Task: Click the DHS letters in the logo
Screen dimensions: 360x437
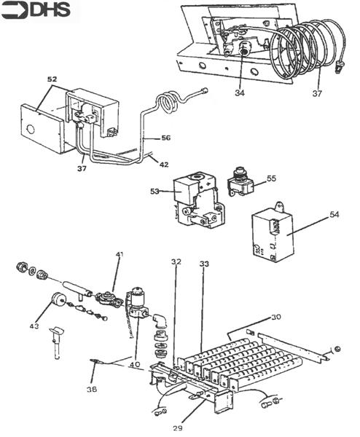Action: (x=50, y=9)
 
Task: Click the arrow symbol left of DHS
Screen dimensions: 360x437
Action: (x=15, y=10)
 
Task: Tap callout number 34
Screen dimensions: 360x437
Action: (x=239, y=92)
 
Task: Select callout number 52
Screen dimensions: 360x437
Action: (x=52, y=79)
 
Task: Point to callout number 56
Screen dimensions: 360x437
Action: (x=165, y=138)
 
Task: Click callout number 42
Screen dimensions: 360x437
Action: (x=164, y=165)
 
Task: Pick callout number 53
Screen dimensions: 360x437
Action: (x=154, y=192)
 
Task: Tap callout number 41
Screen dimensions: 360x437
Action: (x=120, y=254)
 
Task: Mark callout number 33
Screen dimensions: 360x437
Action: (x=204, y=264)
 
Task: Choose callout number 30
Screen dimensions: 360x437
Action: (x=275, y=317)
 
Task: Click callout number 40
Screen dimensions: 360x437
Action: (x=135, y=364)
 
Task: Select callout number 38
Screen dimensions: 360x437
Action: (x=92, y=389)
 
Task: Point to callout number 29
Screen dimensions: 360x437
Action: (x=177, y=428)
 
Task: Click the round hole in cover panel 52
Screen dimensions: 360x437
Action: (x=30, y=130)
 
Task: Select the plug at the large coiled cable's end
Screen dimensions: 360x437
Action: (x=340, y=67)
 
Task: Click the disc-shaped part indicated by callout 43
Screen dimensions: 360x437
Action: (x=57, y=299)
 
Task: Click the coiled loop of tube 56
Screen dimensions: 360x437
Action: (x=168, y=103)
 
